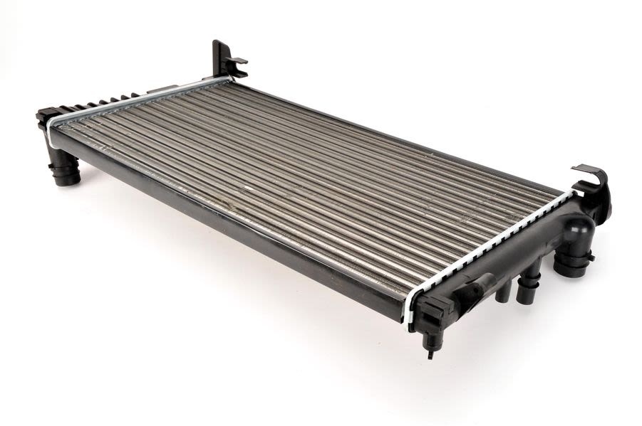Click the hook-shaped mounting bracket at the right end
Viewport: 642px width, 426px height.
tap(594, 186)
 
